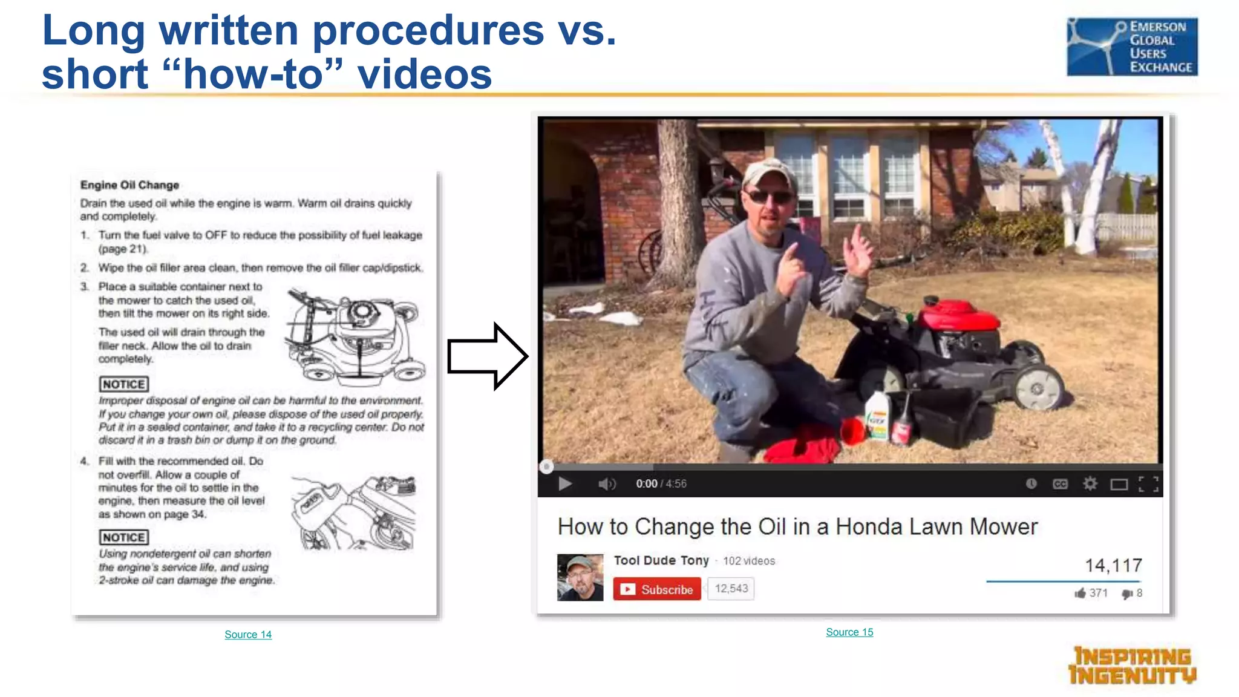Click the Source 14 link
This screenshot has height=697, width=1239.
coord(248,634)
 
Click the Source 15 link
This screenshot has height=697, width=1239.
coord(849,632)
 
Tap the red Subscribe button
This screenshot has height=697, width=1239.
coord(657,589)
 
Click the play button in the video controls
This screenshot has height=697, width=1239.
coord(565,483)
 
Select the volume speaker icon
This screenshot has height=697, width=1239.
coord(606,483)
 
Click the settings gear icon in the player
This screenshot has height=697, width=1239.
coord(1090,483)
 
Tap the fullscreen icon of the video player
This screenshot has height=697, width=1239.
coord(1148,483)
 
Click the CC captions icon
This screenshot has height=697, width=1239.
coord(1060,483)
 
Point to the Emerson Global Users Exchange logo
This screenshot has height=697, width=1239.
coord(1132,47)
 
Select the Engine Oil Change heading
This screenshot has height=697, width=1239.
coord(129,185)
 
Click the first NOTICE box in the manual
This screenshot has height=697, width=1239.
coord(123,384)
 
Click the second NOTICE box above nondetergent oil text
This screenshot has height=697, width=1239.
coord(123,537)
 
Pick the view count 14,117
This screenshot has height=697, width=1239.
coord(1113,565)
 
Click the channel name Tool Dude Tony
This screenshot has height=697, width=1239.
coord(661,560)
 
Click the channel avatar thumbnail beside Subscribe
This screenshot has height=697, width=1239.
coord(580,577)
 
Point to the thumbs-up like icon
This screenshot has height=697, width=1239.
coord(1080,593)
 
